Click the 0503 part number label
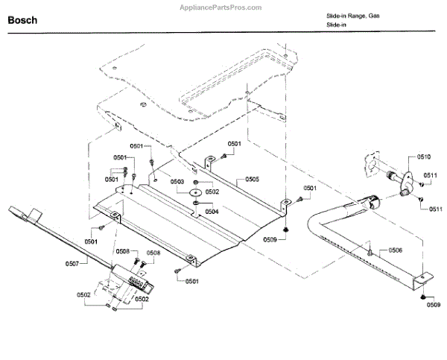click(177, 181)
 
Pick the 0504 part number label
click(212, 211)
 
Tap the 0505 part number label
click(252, 180)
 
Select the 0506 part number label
click(395, 250)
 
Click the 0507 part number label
click(72, 263)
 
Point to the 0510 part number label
click(423, 157)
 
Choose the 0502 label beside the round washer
click(212, 192)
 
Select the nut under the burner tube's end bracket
click(424, 297)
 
